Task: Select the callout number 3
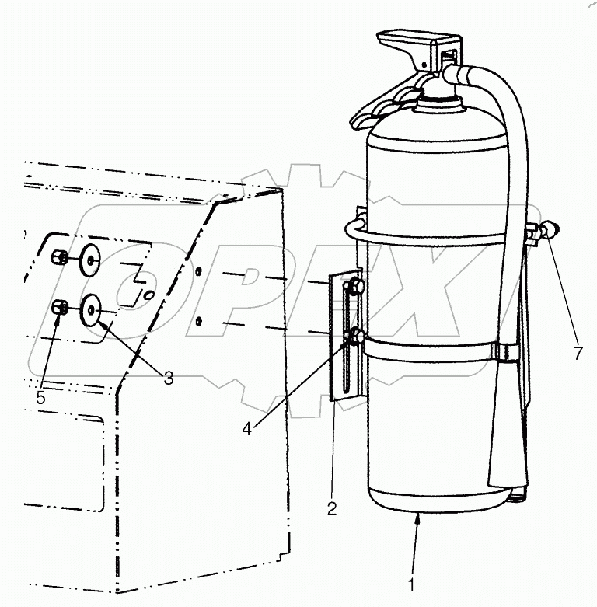click(168, 377)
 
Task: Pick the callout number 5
click(40, 396)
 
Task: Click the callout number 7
click(578, 354)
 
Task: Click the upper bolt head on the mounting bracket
click(355, 287)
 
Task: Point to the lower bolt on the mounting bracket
click(355, 337)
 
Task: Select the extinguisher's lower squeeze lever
click(379, 109)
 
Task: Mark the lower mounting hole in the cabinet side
click(201, 319)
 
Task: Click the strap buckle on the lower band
click(504, 355)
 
